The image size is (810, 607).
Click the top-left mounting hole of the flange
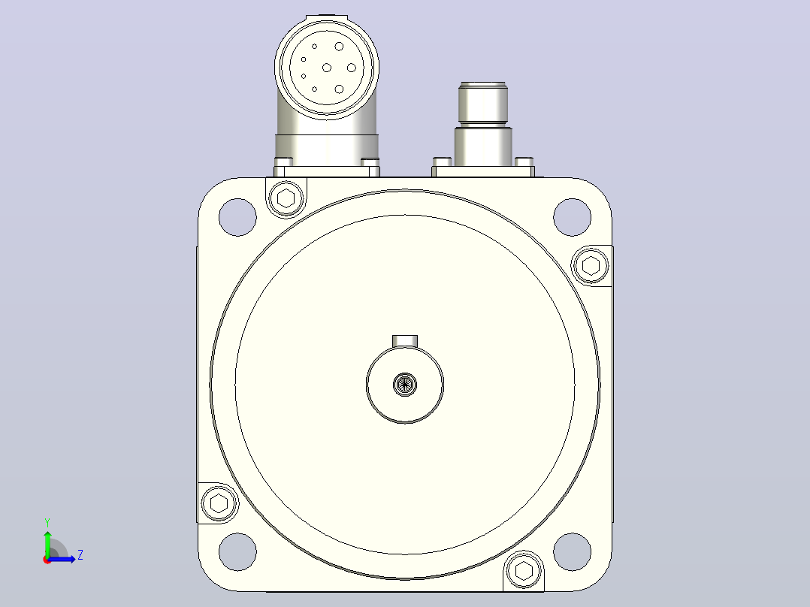tap(237, 217)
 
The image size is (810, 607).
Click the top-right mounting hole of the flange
tap(572, 217)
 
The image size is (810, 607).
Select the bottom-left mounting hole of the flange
tap(237, 551)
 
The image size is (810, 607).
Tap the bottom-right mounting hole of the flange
tap(572, 551)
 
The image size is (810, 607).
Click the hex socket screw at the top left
tap(286, 198)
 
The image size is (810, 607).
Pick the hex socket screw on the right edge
tap(591, 266)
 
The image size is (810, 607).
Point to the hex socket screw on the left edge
tap(219, 503)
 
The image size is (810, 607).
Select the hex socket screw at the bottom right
tap(524, 571)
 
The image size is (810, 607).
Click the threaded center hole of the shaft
tap(405, 385)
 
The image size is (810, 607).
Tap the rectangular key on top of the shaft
tap(405, 341)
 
